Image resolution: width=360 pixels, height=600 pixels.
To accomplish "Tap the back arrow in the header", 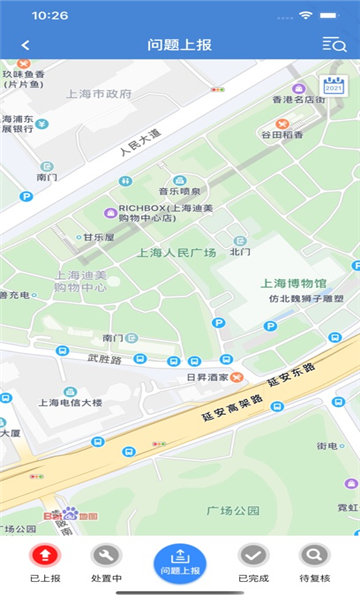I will pos(25,44).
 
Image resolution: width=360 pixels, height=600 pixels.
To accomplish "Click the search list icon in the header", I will pos(333,44).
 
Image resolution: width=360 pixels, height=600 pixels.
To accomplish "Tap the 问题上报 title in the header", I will pos(180,44).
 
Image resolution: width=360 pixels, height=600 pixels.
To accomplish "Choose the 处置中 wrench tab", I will pos(106,555).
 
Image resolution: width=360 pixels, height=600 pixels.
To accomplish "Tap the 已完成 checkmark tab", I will pos(253,555).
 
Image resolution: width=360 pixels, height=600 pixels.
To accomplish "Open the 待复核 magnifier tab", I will pos(314,555).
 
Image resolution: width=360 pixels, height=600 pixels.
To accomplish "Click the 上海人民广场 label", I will pos(176,253).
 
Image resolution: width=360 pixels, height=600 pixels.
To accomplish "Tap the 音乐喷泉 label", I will pos(179,191).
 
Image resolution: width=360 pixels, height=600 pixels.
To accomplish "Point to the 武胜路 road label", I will pos(103,358).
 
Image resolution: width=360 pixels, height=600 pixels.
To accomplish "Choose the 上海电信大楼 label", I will pos(71,402).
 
